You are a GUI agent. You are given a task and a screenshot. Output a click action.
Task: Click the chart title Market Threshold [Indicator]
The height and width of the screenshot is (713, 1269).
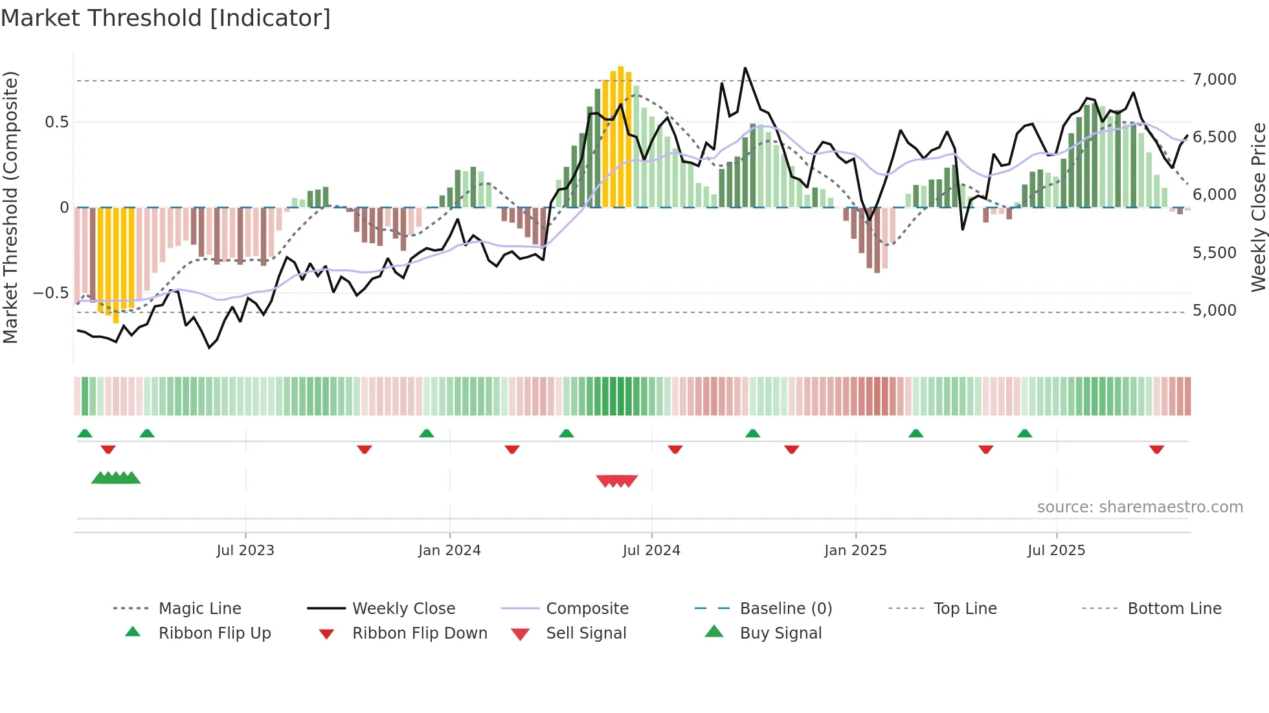click(x=166, y=18)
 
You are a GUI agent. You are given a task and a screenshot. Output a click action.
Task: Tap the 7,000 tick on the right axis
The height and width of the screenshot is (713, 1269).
click(x=1214, y=80)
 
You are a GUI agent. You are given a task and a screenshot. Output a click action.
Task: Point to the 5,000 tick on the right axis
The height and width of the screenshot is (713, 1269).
click(x=1214, y=311)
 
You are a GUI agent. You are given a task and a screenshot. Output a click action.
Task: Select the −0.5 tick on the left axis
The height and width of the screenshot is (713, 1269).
click(x=51, y=293)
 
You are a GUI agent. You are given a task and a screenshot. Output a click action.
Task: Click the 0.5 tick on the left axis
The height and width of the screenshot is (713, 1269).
click(x=56, y=122)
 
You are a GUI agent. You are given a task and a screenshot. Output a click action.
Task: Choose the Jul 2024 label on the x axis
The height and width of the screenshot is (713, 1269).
click(x=651, y=551)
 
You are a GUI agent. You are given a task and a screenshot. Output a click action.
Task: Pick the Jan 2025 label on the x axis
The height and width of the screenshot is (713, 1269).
click(x=855, y=551)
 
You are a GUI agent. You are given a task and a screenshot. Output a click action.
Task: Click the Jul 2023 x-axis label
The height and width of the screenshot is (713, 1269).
click(x=245, y=551)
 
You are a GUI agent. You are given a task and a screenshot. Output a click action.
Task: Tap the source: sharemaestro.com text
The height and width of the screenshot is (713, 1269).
click(x=1140, y=507)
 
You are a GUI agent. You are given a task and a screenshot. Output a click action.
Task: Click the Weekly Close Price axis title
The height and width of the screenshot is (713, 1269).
click(x=1258, y=207)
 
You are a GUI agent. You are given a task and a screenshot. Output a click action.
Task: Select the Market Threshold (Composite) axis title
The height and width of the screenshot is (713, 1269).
click(x=10, y=207)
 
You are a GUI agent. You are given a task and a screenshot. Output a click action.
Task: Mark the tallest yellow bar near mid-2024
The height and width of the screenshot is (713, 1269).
click(x=621, y=136)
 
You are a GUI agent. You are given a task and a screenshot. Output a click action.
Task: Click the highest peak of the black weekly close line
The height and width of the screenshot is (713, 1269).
click(x=745, y=68)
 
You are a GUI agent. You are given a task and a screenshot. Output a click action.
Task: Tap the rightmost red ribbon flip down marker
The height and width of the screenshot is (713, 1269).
click(x=1156, y=449)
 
